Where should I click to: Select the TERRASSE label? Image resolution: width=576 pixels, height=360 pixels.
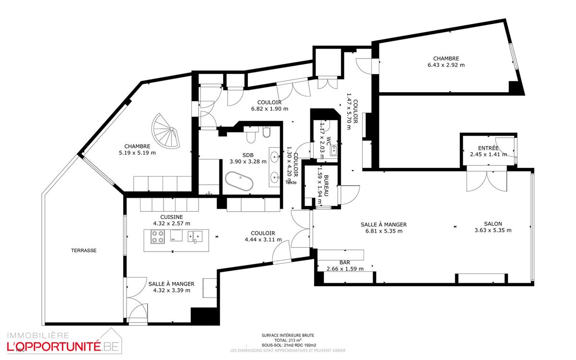pyautogui.click(x=84, y=250)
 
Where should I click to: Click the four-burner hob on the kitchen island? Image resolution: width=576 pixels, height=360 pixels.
pyautogui.click(x=158, y=237)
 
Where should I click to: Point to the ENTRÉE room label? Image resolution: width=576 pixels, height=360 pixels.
pyautogui.click(x=488, y=148)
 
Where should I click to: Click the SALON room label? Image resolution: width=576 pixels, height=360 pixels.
pyautogui.click(x=493, y=224)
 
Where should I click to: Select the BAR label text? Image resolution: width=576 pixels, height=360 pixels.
pyautogui.click(x=345, y=263)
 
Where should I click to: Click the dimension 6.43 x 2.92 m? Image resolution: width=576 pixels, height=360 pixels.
pyautogui.click(x=446, y=65)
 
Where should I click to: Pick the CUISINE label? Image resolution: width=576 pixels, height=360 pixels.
pyautogui.click(x=171, y=217)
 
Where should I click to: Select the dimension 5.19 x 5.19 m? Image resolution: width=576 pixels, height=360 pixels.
pyautogui.click(x=138, y=153)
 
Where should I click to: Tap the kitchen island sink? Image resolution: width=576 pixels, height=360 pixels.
pyautogui.click(x=195, y=236)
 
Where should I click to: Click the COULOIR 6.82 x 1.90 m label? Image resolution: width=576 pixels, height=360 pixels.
pyautogui.click(x=269, y=102)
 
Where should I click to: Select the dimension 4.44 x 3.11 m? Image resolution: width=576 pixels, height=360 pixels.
pyautogui.click(x=263, y=240)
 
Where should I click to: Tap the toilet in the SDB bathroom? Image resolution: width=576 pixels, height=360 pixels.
pyautogui.click(x=250, y=137)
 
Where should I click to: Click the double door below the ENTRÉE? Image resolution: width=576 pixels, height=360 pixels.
pyautogui.click(x=487, y=180)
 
